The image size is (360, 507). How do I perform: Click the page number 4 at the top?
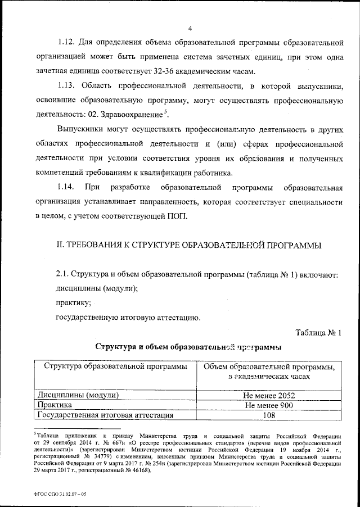click(190, 29)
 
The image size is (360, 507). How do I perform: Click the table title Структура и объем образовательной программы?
click(189, 346)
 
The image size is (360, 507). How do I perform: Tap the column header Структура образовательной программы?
click(112, 368)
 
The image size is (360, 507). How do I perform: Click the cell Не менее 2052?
click(266, 395)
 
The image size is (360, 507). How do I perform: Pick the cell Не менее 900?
click(266, 405)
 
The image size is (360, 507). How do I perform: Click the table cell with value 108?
click(266, 415)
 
